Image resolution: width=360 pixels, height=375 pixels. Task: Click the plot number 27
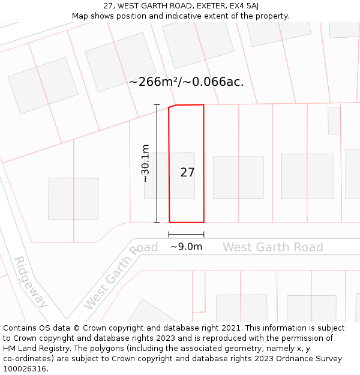(187, 173)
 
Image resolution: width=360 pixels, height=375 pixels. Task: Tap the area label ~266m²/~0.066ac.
(186, 82)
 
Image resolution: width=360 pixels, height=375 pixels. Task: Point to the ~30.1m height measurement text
(145, 163)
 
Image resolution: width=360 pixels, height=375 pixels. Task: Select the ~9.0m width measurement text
(186, 247)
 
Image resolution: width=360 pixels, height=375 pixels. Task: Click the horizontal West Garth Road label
(272, 247)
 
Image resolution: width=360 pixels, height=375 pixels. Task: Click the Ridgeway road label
(31, 282)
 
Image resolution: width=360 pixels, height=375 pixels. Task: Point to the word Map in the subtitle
(80, 16)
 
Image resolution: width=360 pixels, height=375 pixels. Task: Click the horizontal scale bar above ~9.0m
(186, 234)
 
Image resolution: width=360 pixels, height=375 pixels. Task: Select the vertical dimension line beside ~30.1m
(157, 163)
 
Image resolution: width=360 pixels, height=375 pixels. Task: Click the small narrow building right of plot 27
(334, 120)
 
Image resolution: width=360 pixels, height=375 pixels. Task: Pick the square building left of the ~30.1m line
(73, 198)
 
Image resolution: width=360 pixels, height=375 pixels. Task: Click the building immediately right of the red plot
(238, 177)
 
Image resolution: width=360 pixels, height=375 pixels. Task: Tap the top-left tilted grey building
(43, 85)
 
